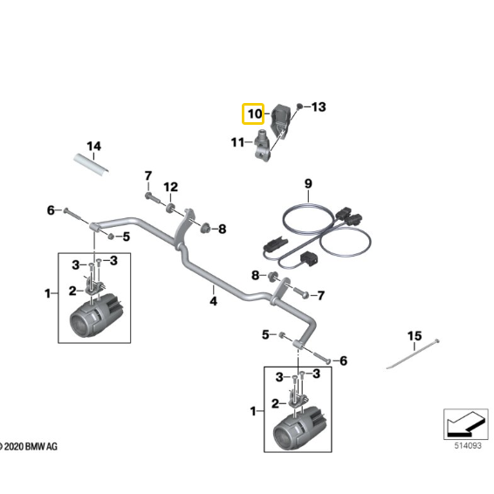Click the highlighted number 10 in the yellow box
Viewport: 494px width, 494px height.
[254, 114]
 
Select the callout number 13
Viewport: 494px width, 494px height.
[318, 107]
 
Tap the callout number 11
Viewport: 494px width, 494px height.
[238, 142]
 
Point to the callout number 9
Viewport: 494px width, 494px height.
[307, 183]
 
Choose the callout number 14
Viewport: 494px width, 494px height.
[93, 146]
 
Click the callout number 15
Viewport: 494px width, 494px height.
[415, 336]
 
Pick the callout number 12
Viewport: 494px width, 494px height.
[171, 187]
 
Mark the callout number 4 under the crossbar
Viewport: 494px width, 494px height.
[212, 301]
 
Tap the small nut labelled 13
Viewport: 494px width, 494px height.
[299, 105]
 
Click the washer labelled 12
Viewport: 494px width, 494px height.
[169, 209]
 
